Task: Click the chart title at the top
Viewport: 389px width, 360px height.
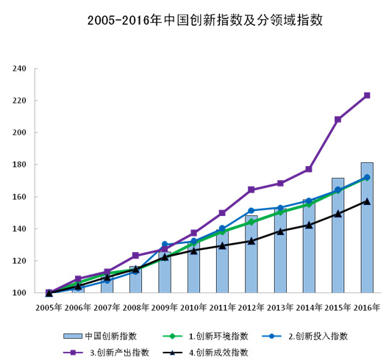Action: (194, 21)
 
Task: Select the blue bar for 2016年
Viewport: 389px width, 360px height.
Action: (366, 228)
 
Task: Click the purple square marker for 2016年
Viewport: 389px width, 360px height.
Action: (366, 96)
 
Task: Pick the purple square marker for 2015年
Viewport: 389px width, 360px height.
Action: (338, 119)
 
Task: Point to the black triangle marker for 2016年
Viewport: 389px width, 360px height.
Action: (366, 201)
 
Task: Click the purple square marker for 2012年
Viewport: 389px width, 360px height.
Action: (251, 190)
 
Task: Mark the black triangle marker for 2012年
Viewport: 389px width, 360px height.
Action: (251, 240)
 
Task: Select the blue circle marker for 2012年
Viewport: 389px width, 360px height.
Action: (251, 211)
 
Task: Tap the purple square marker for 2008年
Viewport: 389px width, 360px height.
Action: (135, 256)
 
